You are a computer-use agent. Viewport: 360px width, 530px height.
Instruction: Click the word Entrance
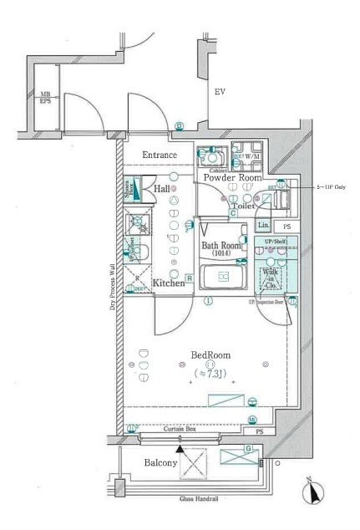point(159,155)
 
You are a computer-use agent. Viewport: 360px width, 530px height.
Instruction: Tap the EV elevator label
point(221,91)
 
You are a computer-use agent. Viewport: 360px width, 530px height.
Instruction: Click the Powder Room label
point(230,178)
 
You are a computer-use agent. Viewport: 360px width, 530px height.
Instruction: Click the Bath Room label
point(221,246)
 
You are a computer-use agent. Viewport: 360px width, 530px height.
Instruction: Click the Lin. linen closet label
point(263,226)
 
